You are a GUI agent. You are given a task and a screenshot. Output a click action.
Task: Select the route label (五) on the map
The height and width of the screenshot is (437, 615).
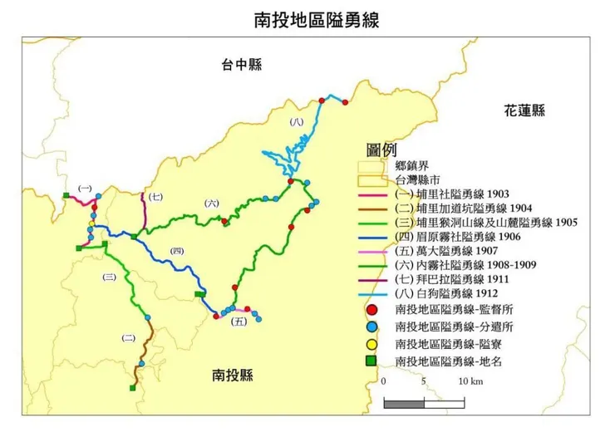point(239,321)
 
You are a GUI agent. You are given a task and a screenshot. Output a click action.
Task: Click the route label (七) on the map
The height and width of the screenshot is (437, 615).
point(156,197)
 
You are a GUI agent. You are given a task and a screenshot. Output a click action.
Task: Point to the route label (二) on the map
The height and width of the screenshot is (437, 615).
point(128,337)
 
